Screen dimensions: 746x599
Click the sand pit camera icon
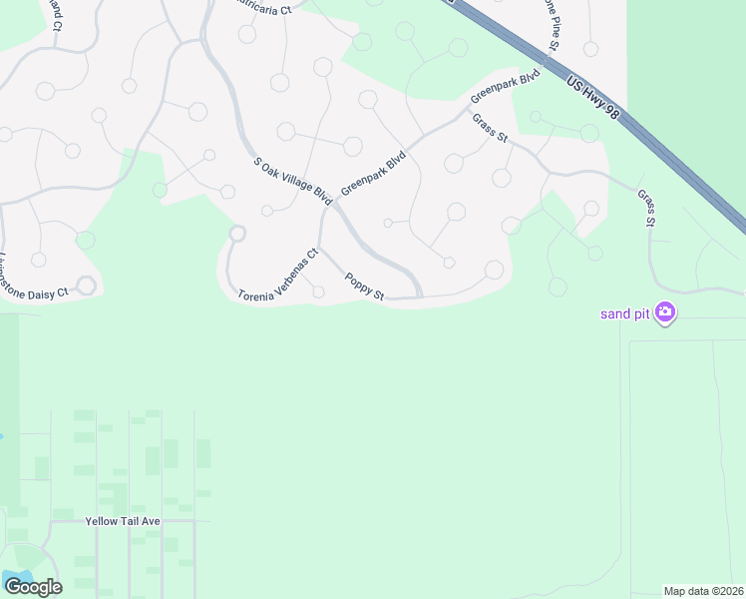point(665,313)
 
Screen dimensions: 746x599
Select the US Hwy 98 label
point(592,99)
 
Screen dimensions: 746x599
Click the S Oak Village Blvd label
point(292,181)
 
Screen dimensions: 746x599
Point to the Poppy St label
point(364,287)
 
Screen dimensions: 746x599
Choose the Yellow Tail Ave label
point(123,521)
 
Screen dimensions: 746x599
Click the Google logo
point(32,586)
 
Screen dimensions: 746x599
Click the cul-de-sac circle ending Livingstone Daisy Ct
point(87,286)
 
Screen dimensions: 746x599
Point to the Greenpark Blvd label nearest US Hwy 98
point(505,87)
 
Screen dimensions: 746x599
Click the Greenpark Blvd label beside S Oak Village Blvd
point(374,172)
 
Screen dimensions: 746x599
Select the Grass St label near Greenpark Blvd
point(491,129)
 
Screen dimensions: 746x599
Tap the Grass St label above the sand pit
point(646,208)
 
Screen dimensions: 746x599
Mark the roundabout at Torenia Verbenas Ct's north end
point(237,234)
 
